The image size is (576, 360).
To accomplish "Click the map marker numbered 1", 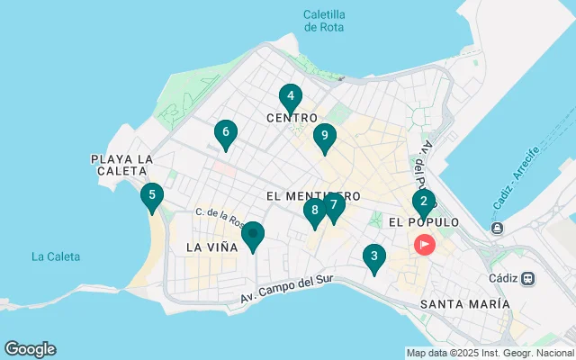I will [253, 236].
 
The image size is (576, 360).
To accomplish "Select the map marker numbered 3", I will [373, 257].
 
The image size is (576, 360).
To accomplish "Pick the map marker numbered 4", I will [290, 97].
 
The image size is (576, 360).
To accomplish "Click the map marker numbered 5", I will [152, 195].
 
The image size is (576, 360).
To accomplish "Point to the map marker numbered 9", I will [324, 137].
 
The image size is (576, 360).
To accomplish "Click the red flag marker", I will [423, 244].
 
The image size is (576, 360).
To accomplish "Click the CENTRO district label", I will [292, 118].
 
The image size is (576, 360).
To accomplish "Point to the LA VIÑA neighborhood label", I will [211, 247].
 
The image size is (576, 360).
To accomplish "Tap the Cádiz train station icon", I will [528, 278].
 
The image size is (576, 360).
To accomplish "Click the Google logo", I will [30, 349].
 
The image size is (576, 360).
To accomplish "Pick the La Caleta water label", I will [56, 256].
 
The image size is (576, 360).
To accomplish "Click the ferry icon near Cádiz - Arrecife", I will [496, 227].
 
